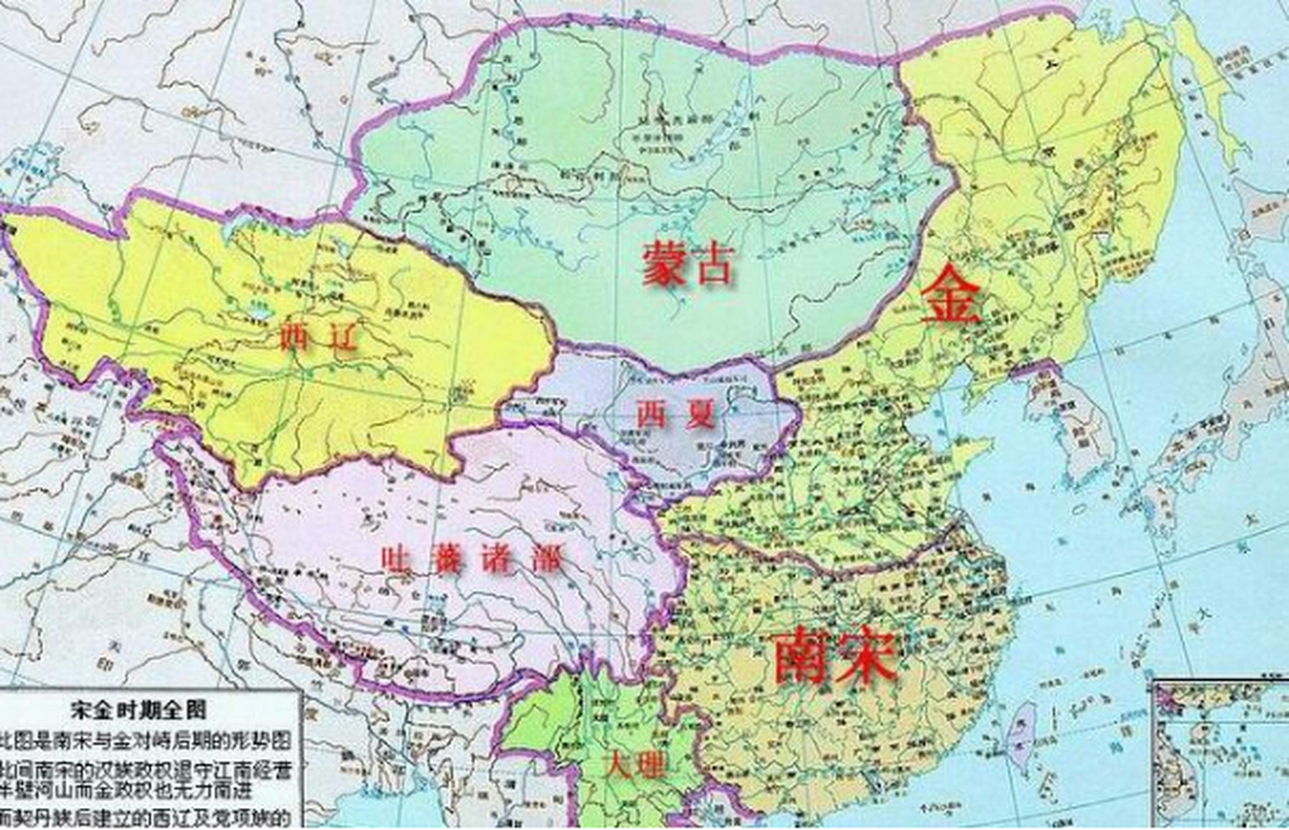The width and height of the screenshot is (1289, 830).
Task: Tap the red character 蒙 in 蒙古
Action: [664, 264]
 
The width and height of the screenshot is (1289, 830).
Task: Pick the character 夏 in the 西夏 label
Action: [699, 415]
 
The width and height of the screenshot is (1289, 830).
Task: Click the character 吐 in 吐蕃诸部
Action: [395, 559]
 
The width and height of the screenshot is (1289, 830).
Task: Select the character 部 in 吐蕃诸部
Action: [548, 559]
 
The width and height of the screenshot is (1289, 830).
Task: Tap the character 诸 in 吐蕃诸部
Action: [498, 559]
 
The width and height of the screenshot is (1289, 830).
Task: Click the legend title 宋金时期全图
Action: [139, 711]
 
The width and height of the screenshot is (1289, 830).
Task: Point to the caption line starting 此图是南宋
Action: [146, 741]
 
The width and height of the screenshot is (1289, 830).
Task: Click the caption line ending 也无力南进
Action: [146, 790]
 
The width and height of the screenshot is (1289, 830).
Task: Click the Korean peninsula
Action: [1079, 428]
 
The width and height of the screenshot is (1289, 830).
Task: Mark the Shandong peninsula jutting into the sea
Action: [969, 454]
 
